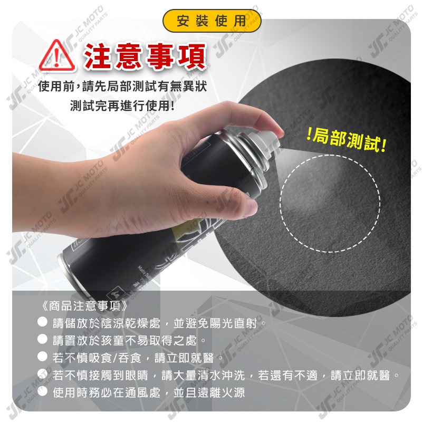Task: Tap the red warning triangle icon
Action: pyautogui.click(x=55, y=54)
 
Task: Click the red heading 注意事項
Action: pyautogui.click(x=145, y=55)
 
